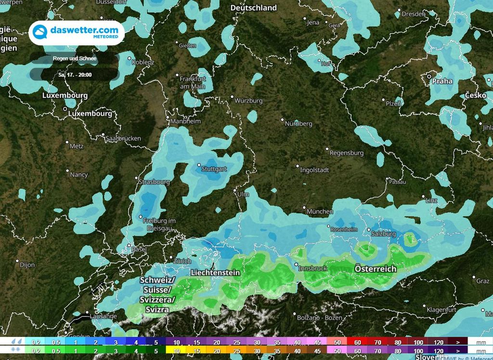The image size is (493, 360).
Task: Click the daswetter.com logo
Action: pyautogui.click(x=77, y=33)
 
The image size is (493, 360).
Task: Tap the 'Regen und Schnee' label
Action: pyautogui.click(x=75, y=59)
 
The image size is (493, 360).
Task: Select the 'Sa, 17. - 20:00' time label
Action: pyautogui.click(x=75, y=75)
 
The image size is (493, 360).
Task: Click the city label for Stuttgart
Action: pyautogui.click(x=214, y=169)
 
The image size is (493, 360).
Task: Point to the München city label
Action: pyautogui.click(x=319, y=211)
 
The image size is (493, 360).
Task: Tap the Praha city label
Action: pyautogui.click(x=442, y=81)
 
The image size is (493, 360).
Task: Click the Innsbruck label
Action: pyautogui.click(x=313, y=267)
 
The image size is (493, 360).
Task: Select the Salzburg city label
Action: pyautogui.click(x=384, y=234)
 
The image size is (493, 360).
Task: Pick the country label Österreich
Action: pyautogui.click(x=375, y=268)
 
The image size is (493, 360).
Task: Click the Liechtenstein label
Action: pyautogui.click(x=215, y=272)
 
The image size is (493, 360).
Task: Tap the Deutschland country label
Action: pyautogui.click(x=254, y=8)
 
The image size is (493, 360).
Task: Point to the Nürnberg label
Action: pyautogui.click(x=298, y=124)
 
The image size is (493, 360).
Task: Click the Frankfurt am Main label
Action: pyautogui.click(x=193, y=82)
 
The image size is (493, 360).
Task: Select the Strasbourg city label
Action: pyautogui.click(x=154, y=182)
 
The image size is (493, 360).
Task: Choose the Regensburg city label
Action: pyautogui.click(x=346, y=153)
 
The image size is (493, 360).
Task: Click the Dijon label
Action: pyautogui.click(x=27, y=265)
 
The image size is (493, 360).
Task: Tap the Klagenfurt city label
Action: pyautogui.click(x=441, y=310)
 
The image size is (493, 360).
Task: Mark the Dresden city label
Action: pyautogui.click(x=414, y=14)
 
